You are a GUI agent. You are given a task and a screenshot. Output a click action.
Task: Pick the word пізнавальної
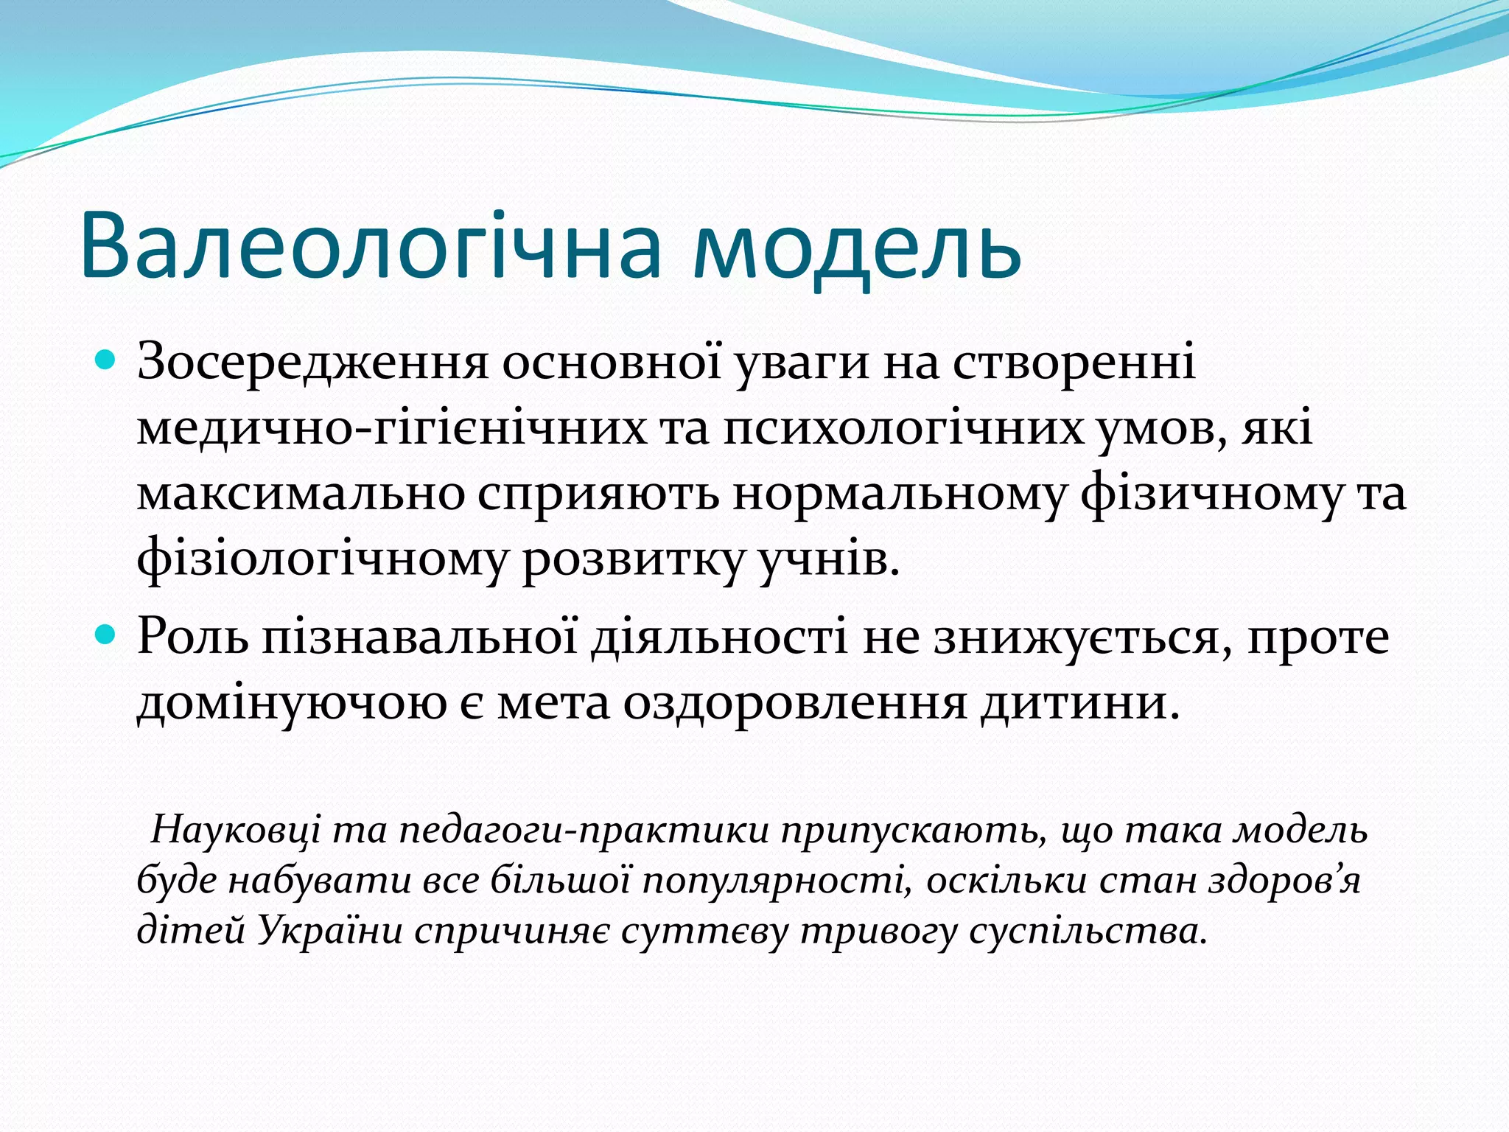tap(419, 636)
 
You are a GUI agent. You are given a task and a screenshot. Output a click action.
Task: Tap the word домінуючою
tap(292, 702)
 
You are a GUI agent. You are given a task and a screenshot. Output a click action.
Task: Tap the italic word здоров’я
tap(1284, 881)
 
